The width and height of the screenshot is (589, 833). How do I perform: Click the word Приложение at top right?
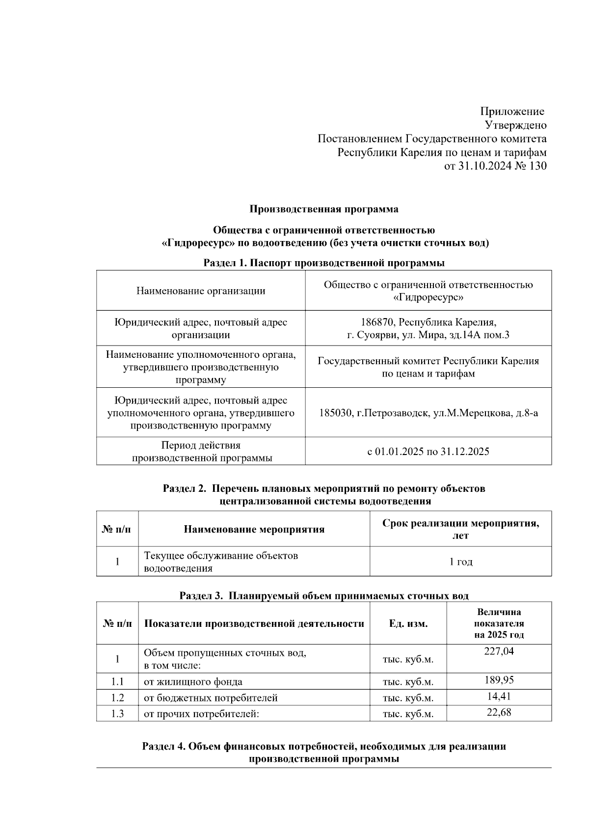(512, 111)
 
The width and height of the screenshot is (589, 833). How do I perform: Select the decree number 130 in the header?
(538, 166)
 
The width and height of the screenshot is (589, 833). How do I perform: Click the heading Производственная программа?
(324, 209)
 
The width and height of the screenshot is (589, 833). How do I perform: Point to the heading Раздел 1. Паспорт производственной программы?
(324, 263)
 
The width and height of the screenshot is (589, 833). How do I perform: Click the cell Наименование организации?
(201, 291)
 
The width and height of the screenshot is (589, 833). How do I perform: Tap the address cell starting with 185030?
(428, 413)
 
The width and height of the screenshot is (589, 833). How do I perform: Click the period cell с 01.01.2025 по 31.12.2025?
(428, 452)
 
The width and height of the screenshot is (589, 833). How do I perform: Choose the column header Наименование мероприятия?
(254, 529)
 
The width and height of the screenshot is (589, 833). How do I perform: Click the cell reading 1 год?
(460, 562)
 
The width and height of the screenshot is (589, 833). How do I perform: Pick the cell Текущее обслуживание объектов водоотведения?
(221, 562)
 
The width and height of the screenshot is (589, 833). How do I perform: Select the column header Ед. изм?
(408, 623)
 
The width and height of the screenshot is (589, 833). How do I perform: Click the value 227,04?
(499, 651)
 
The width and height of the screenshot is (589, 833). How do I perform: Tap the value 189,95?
(499, 680)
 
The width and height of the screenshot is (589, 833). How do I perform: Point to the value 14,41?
(499, 697)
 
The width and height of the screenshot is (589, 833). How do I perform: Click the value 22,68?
(499, 712)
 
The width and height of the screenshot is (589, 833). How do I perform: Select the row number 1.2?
(117, 698)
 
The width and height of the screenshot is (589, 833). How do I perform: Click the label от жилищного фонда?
(193, 682)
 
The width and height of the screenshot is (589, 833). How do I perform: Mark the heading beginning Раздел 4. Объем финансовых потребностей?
(324, 747)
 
